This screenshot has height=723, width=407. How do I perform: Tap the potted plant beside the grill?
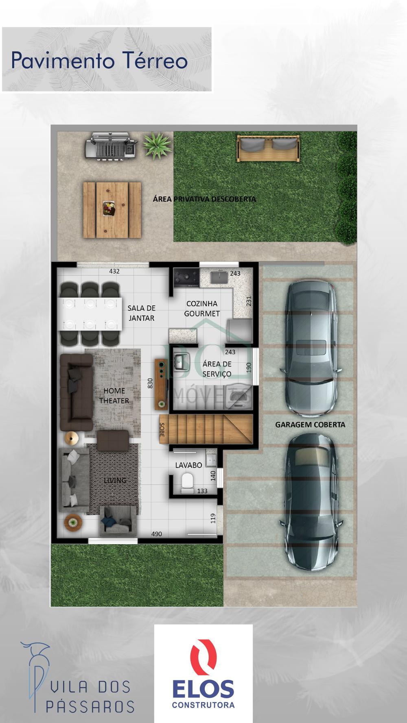[x=157, y=145]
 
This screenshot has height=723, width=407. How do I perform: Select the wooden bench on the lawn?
[x=269, y=148]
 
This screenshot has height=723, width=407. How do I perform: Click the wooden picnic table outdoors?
[x=112, y=209]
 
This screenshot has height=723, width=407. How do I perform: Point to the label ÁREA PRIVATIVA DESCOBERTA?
[x=204, y=199]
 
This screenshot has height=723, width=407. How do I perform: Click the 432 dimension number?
[x=114, y=271]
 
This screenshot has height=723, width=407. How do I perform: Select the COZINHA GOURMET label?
[x=202, y=309]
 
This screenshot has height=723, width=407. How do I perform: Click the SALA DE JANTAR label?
[x=142, y=313]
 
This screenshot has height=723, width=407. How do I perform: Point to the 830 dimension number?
[x=150, y=383]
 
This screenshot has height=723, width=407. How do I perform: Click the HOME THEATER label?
[x=114, y=396]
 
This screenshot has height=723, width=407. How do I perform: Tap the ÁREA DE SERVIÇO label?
[x=217, y=369]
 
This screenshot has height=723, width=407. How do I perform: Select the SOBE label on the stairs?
[x=162, y=430]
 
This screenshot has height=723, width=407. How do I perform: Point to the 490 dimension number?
[x=157, y=534]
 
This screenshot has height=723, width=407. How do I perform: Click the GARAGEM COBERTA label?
[x=310, y=425]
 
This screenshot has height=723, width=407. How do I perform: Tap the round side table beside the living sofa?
[x=72, y=522]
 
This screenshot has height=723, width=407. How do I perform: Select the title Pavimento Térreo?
[x=99, y=61]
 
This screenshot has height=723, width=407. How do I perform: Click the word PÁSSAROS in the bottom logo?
[x=90, y=706]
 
